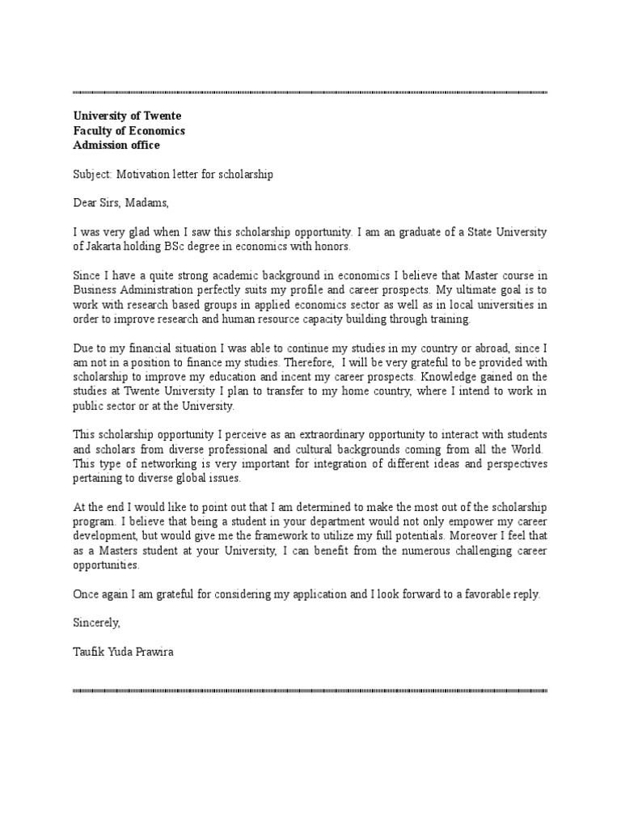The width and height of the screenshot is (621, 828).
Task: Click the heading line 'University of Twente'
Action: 127,116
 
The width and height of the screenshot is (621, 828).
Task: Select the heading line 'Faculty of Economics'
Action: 129,130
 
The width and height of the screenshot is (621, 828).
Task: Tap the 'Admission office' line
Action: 116,145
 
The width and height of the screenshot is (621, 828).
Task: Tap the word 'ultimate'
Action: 463,290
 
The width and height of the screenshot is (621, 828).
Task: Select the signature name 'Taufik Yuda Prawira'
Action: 122,653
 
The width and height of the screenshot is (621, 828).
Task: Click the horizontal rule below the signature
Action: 310,691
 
